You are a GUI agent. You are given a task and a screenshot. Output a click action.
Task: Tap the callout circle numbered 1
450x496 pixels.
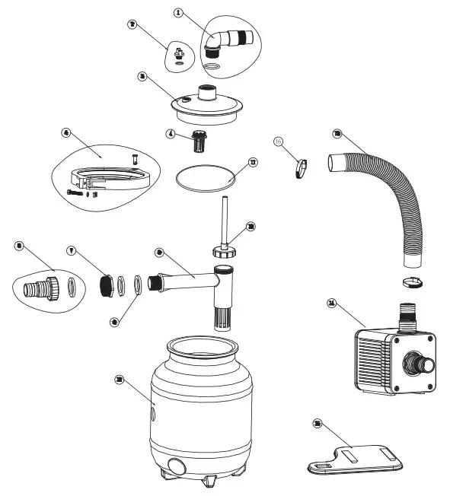(177, 13)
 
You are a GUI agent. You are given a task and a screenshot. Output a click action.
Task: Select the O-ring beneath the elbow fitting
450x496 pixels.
(216, 68)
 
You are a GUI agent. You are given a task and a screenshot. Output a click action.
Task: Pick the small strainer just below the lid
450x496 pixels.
(200, 141)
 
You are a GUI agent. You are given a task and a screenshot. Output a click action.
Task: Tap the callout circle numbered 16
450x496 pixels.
(279, 141)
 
